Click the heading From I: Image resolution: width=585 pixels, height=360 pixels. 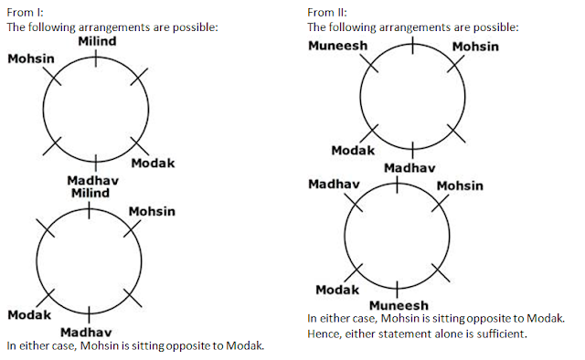(x=25, y=12)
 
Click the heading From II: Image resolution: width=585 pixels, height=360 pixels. (x=327, y=12)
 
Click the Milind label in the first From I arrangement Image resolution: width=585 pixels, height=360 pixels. (x=97, y=41)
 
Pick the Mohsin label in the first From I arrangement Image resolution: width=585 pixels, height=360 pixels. (x=31, y=58)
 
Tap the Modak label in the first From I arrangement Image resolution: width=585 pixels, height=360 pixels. (x=153, y=163)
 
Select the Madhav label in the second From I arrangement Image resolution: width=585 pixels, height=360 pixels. (x=86, y=332)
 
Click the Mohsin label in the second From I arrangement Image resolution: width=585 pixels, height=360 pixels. (x=152, y=212)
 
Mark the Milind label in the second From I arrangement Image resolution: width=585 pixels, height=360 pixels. (x=90, y=193)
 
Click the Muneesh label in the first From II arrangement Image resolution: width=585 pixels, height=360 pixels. (x=338, y=46)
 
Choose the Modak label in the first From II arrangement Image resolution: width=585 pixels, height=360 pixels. (x=353, y=151)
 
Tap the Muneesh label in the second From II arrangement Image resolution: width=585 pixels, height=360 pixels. (x=399, y=305)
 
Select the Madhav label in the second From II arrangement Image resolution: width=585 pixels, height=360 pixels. (x=334, y=184)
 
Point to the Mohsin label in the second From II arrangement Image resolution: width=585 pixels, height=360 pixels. (x=460, y=185)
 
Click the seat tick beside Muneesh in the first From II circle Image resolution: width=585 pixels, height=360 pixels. (x=369, y=63)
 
